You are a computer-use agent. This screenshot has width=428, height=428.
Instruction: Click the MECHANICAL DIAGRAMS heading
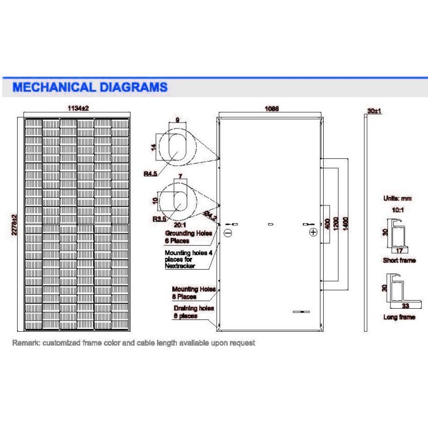coord(90,87)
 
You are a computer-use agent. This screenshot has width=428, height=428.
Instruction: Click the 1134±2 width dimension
coord(78,108)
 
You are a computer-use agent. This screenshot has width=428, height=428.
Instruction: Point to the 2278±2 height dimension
coord(15,224)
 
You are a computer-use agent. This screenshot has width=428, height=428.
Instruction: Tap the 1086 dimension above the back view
coord(271,108)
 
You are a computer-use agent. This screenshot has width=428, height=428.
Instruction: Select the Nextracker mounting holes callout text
coord(185,259)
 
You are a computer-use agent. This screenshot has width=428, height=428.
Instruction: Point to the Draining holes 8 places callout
coord(193,312)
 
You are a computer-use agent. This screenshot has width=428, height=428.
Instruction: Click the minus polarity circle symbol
coord(227,233)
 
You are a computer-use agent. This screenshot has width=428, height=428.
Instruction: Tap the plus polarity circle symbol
coord(313,233)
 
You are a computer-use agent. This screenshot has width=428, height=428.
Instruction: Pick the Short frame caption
coord(399,261)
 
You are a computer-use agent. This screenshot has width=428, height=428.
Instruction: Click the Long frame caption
coord(399,317)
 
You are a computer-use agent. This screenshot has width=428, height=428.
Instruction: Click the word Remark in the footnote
coord(24,342)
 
